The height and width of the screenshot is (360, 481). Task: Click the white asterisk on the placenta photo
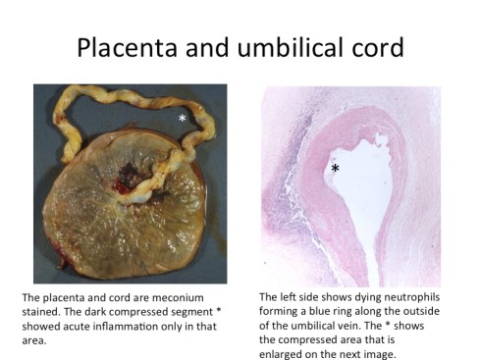point(182,119)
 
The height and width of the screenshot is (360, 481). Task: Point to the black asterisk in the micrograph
point(336,170)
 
